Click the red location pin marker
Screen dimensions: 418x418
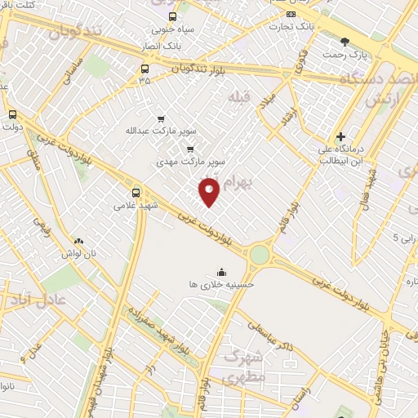210,192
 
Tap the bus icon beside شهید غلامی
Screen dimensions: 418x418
136,193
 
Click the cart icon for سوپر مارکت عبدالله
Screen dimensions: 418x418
160,118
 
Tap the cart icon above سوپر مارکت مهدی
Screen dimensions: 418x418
190,149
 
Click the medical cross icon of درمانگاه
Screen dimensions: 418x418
340,136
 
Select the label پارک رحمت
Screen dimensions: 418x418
351,54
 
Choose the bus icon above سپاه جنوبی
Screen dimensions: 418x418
172,17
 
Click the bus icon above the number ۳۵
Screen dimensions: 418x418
145,69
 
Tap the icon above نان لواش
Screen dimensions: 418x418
78,241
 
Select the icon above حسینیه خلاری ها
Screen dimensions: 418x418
220,273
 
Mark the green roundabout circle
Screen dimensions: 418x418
259,255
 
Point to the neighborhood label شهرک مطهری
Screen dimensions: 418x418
251,363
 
